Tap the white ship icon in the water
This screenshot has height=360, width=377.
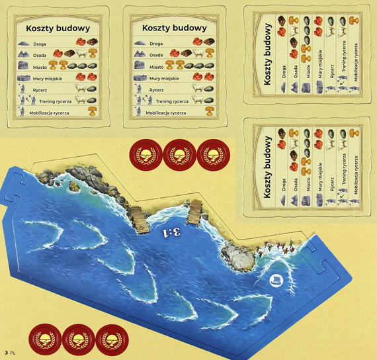coord(276,280)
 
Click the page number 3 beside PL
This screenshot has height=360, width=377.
coord(6,352)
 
